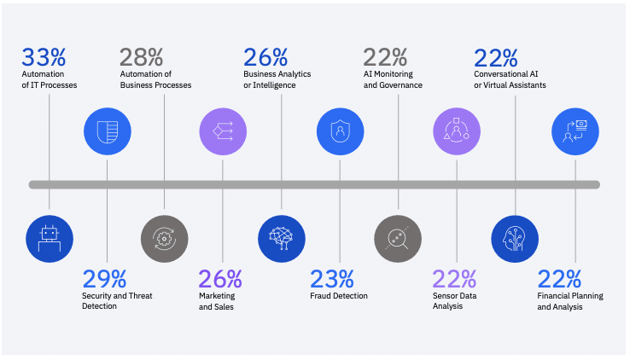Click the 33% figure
(44, 58)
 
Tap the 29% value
(104, 279)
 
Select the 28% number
(141, 58)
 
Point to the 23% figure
(331, 279)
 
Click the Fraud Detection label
(339, 296)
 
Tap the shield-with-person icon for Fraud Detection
(340, 131)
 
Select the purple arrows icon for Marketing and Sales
(223, 131)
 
